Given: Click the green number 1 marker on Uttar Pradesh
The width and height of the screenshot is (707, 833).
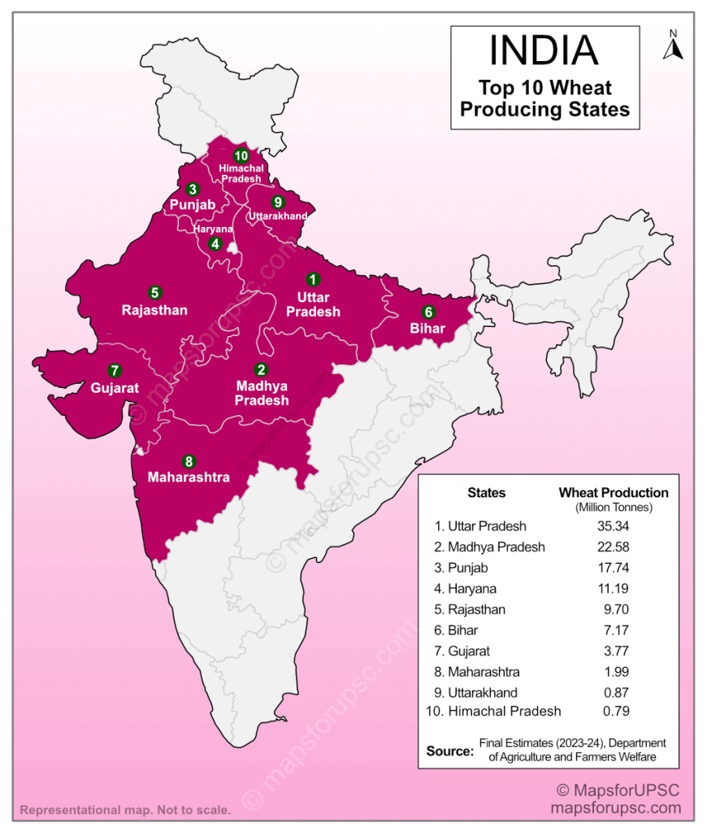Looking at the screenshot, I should [312, 278].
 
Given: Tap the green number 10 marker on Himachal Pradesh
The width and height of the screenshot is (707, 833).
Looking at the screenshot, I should [241, 155].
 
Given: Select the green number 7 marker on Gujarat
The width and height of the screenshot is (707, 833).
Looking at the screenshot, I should [115, 369].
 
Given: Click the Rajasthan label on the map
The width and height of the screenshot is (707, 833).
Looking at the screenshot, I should [154, 310].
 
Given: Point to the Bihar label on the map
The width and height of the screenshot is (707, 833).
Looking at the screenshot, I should [427, 329].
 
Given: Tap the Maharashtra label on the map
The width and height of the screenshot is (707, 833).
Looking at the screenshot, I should [189, 478].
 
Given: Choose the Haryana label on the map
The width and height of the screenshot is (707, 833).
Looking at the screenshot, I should [213, 229].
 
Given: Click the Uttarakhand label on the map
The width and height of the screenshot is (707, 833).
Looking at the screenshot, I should [278, 216].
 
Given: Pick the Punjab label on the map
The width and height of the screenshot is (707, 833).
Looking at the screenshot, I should [193, 205].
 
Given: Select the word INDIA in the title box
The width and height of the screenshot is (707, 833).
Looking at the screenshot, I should [544, 50].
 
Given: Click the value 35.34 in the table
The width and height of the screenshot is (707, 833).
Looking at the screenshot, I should [613, 526].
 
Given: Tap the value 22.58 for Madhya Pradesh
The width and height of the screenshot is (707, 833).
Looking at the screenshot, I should [613, 547].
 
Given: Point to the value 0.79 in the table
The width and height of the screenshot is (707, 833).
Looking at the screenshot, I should [613, 711].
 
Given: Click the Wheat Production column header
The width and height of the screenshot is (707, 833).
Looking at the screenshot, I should [614, 493].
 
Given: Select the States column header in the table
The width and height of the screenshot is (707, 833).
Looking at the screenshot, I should [486, 493].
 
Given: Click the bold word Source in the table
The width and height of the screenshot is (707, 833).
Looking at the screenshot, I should [449, 751].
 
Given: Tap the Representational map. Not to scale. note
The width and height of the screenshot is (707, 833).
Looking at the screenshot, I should [125, 810].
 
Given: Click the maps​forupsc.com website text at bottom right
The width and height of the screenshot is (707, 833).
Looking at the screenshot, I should [615, 809].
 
